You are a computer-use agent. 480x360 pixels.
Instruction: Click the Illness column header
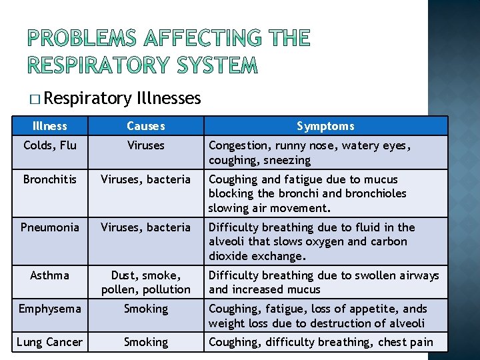pos(49,126)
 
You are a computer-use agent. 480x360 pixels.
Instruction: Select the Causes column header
pos(146,126)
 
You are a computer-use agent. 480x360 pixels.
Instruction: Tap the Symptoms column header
pos(325,126)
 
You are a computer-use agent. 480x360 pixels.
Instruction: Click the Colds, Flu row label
pos(49,145)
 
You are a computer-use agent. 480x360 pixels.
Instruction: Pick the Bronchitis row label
pos(49,179)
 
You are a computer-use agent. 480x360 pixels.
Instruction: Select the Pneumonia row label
pos(49,227)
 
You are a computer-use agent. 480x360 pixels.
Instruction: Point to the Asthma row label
pos(49,275)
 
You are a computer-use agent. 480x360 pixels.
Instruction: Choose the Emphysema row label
pos(49,309)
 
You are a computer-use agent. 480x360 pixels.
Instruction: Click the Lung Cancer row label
pos(49,342)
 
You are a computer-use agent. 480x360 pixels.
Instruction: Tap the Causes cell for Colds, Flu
pos(146,145)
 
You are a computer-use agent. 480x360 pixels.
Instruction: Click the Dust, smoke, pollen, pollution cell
pos(146,282)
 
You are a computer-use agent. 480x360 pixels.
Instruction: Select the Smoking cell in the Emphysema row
pos(146,309)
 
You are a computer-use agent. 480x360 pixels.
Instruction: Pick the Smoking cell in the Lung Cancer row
pos(146,342)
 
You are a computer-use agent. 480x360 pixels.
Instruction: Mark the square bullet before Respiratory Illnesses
pos(35,99)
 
